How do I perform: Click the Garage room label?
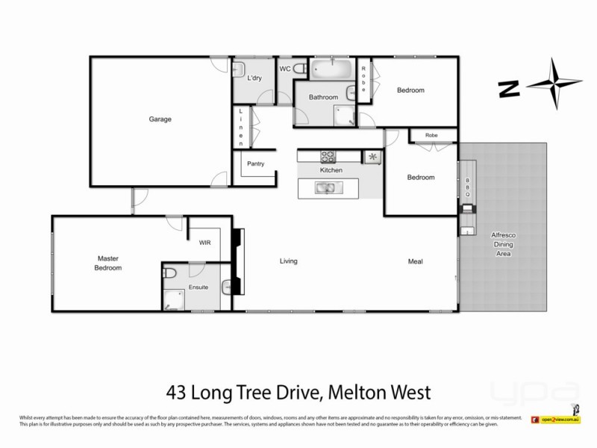[x=160, y=119]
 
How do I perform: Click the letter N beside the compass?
[x=510, y=90]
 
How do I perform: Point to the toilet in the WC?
[x=300, y=69]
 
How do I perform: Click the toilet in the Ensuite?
[x=169, y=273]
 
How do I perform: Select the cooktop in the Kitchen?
[x=329, y=157]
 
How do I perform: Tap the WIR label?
[x=205, y=242]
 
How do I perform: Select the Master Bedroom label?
[x=108, y=263]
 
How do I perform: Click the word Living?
[x=289, y=261]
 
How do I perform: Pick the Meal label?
[x=416, y=261]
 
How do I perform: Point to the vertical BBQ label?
[x=468, y=187]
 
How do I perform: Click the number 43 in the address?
[x=174, y=392]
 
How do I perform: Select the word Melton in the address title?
[x=354, y=392]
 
